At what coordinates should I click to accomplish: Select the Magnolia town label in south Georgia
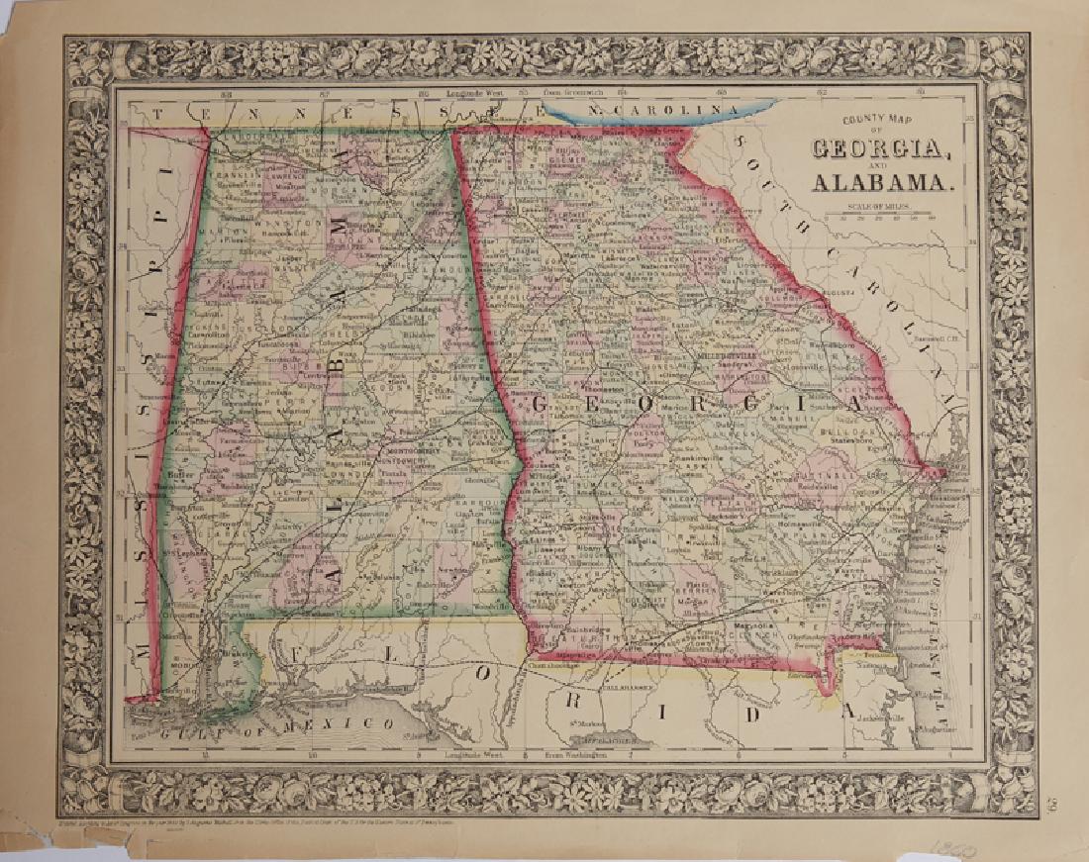click(x=752, y=624)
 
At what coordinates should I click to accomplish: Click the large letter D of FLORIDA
click(x=749, y=713)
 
